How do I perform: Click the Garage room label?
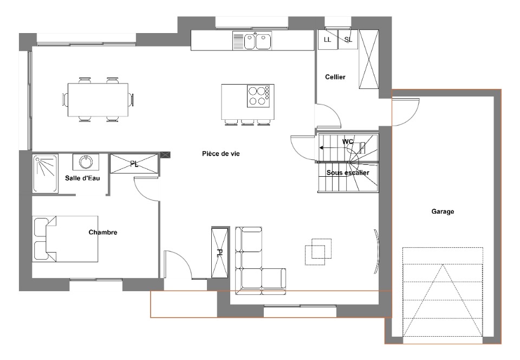pyautogui.click(x=443, y=211)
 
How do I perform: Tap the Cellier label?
pyautogui.click(x=335, y=77)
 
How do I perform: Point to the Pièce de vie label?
pyautogui.click(x=221, y=153)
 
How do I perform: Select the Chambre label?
pyautogui.click(x=103, y=232)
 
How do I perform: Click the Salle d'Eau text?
pyautogui.click(x=82, y=178)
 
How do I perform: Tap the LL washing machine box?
pyautogui.click(x=328, y=40)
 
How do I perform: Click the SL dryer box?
pyautogui.click(x=348, y=40)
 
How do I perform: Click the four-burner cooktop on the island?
pyautogui.click(x=259, y=96)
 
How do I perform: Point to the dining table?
pyautogui.click(x=98, y=100)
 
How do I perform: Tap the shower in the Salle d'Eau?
pyautogui.click(x=45, y=173)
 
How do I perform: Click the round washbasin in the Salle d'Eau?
pyautogui.click(x=86, y=162)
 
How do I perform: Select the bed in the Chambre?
pyautogui.click(x=66, y=239)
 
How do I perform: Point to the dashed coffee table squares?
pyautogui.click(x=318, y=252)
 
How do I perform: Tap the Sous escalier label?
pyautogui.click(x=348, y=173)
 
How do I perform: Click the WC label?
pyautogui.click(x=348, y=142)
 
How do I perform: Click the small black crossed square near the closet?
pyautogui.click(x=165, y=155)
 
